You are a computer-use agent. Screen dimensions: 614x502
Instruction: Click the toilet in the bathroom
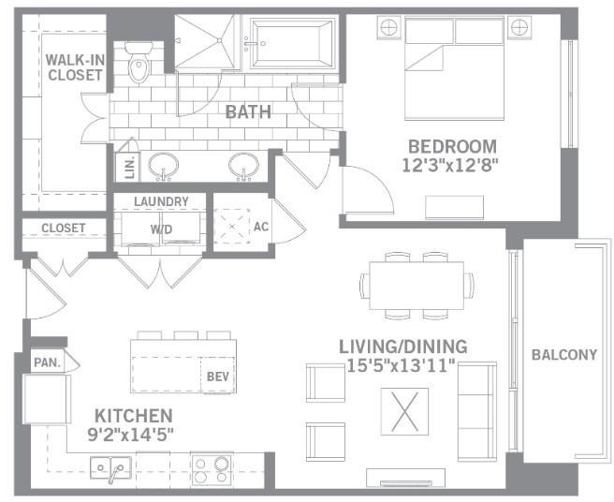139,62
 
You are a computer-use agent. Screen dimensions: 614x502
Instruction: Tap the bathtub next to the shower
291,43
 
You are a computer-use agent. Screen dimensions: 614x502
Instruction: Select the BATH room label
248,112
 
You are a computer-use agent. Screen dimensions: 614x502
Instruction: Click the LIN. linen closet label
130,168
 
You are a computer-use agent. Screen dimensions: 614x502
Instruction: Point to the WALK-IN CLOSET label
75,67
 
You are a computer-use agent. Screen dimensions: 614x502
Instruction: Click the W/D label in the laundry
161,229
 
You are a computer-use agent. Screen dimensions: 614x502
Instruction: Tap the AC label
261,227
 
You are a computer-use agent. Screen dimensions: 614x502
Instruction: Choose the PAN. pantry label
47,362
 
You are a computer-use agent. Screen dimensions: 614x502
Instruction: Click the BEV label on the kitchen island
218,376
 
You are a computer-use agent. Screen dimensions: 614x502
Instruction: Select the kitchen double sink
110,468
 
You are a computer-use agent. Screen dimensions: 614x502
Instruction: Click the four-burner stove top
212,470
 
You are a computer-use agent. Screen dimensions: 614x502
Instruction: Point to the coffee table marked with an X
405,411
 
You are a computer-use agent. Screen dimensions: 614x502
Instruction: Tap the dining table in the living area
417,286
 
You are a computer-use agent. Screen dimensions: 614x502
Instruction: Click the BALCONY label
564,355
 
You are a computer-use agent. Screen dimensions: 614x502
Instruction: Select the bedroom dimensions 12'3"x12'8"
451,166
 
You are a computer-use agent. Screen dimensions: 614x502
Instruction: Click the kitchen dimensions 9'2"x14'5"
131,435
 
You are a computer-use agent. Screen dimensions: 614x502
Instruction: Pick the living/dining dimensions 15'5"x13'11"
402,366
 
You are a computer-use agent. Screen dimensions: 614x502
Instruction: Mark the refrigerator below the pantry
47,399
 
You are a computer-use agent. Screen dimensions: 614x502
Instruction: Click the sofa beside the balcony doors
477,411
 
